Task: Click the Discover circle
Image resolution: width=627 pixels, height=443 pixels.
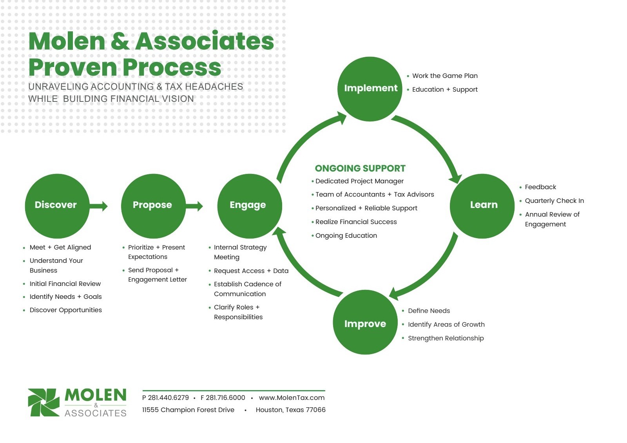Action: pos(57,206)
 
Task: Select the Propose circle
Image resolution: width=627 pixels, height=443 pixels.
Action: pos(153,206)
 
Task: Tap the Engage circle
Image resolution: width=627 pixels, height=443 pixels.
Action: pos(249,206)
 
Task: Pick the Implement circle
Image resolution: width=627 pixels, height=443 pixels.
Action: pos(370,89)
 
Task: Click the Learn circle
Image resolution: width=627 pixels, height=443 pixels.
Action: pos(482,206)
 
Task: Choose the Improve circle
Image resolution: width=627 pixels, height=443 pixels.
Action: pos(365,322)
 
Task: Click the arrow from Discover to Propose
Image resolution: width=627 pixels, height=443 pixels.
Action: pos(99,206)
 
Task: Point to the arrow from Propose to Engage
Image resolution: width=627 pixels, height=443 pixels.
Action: pos(195,206)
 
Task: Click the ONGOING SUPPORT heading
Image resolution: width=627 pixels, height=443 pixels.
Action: pos(360,168)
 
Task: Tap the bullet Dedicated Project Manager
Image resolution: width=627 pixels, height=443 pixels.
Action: pos(359,181)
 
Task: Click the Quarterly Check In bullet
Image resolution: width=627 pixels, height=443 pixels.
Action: pos(554,201)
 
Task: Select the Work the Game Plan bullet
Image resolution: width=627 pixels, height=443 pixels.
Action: pos(444,76)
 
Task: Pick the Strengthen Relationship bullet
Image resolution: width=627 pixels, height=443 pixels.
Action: pos(446,338)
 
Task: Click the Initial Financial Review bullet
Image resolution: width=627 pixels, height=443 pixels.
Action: pos(65,284)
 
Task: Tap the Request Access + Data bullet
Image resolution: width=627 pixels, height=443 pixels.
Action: pos(251,271)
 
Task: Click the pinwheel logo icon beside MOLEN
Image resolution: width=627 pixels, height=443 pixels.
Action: pos(43,402)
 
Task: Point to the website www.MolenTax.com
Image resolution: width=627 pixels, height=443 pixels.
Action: pos(292,398)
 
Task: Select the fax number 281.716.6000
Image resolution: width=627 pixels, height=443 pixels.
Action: pos(225,398)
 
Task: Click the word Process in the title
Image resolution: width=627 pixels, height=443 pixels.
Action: pos(172,67)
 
